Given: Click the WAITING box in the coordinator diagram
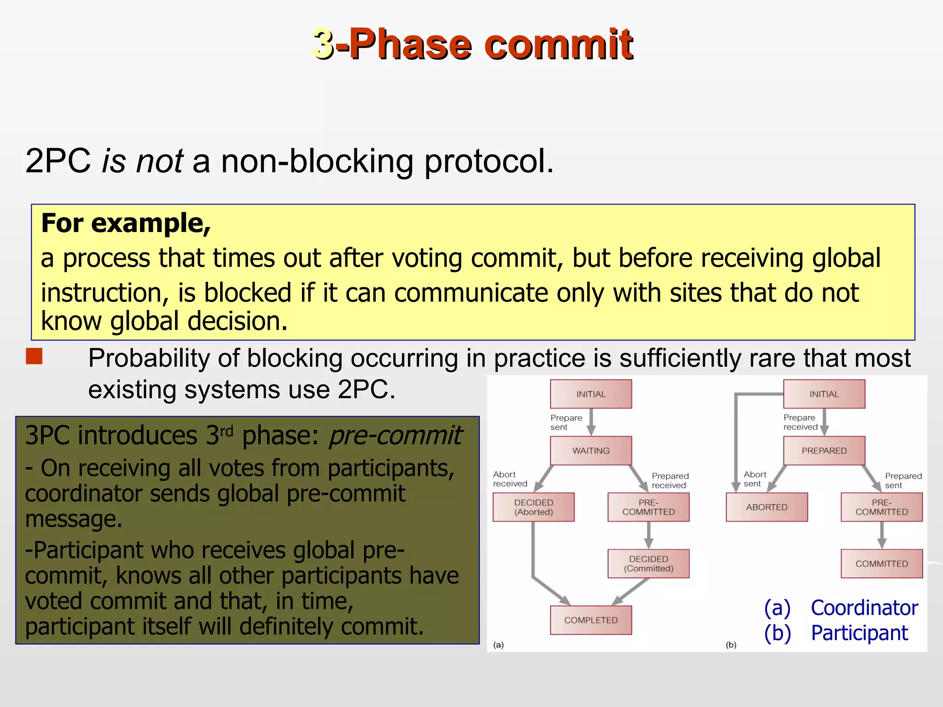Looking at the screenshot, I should [591, 451].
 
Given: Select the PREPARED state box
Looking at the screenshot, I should [824, 451].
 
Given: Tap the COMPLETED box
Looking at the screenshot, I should [591, 620].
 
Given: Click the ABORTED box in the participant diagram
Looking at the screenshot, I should [767, 507].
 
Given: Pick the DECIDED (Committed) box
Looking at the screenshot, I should [648, 563].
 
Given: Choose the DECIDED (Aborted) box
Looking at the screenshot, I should [534, 507].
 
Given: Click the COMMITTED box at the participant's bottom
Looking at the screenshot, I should [882, 563].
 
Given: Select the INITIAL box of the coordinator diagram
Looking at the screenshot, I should [591, 394].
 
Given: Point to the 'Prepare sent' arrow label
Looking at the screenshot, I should [566, 423].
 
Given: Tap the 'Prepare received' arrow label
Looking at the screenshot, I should [800, 423].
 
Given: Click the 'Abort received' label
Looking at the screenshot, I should [510, 479].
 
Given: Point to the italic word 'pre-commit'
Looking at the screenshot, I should [395, 435].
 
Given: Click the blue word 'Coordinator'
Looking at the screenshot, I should [864, 608].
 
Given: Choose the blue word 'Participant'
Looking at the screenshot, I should [859, 633].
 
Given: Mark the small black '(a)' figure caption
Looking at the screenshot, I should [498, 645].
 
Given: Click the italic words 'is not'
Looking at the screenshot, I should [143, 161].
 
